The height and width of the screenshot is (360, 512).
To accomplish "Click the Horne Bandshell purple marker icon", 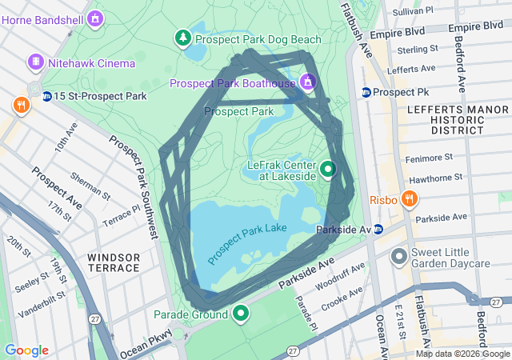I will coord(96,17).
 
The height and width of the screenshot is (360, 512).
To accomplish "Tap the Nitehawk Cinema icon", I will coord(36,62).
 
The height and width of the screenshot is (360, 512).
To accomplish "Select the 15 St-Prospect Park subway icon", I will coord(47,97).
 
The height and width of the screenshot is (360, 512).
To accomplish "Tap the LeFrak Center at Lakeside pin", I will coord(328,170).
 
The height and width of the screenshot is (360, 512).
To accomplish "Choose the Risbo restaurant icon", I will coord(409,198).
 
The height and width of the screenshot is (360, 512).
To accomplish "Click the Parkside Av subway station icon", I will coord(378,230).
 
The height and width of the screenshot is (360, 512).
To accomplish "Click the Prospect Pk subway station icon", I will coord(366,92).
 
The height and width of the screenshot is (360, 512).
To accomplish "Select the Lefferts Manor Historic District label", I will coord(445,118).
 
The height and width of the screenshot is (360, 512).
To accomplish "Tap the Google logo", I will coord(26,350).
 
